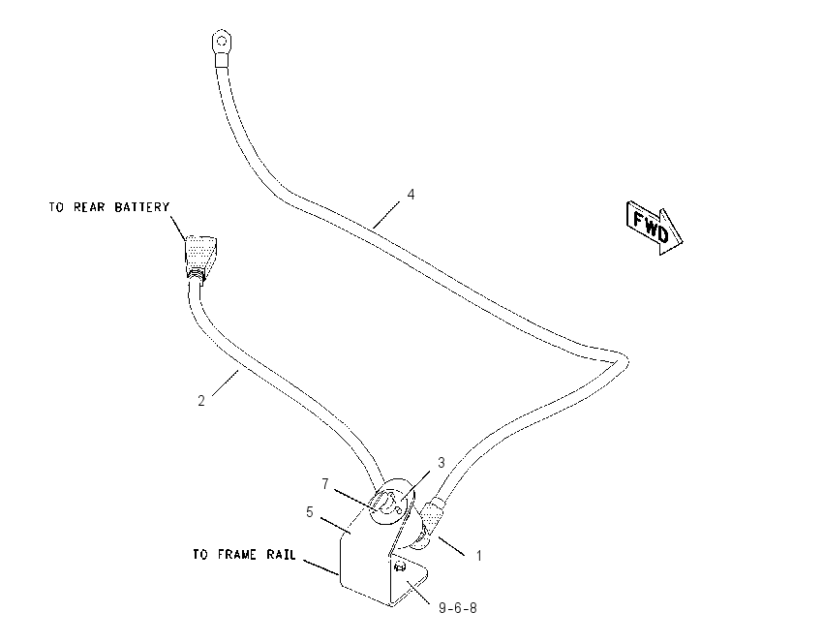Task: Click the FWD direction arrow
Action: [654, 228]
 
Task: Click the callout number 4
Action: [411, 195]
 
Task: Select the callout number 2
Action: [201, 401]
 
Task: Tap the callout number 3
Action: [441, 463]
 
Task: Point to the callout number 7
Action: [325, 484]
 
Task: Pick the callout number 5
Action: [310, 511]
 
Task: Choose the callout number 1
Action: [478, 555]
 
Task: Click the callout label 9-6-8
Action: [458, 608]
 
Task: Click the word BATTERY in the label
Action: [142, 207]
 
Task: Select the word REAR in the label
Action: [89, 207]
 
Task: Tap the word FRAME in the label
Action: [237, 555]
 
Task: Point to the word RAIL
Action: [281, 555]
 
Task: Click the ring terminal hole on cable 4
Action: [222, 40]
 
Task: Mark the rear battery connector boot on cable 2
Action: [200, 257]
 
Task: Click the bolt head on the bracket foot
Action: [400, 566]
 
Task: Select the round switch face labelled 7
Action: [389, 502]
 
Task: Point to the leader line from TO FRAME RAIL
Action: [320, 566]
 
